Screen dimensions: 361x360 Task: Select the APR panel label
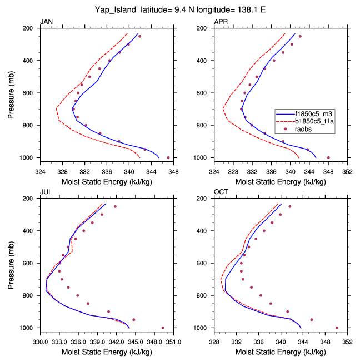coord(221,22)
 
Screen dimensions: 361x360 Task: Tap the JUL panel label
coord(46,192)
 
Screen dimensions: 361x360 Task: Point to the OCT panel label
coord(221,192)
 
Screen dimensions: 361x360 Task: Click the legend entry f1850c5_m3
coord(312,112)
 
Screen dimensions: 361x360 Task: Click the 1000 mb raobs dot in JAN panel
coord(168,157)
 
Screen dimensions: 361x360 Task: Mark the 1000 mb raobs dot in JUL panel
coord(163,328)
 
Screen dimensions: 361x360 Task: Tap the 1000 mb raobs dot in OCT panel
coord(337,328)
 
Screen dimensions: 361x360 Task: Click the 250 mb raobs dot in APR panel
coord(300,36)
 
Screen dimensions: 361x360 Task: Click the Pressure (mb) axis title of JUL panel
coord(12,263)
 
